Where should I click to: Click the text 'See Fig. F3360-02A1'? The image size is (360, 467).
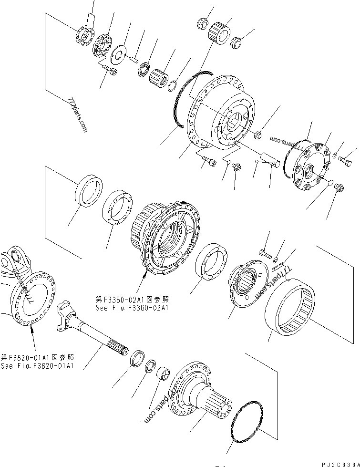[x=132, y=308]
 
